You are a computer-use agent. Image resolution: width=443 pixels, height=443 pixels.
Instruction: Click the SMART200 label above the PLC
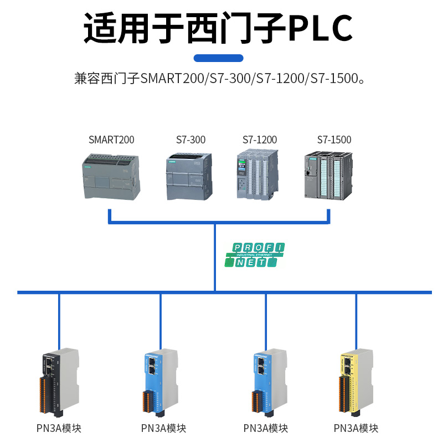tap(111, 140)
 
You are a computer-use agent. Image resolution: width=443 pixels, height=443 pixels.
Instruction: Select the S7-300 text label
tap(190, 140)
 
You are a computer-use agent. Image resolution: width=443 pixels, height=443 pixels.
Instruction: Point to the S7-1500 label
tap(334, 140)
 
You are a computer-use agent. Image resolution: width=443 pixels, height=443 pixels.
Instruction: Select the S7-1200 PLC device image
tap(258, 175)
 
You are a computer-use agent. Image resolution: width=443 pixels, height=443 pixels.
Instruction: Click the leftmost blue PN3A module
tap(161, 382)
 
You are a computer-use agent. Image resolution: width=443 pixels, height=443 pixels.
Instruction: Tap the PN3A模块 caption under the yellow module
tap(356, 428)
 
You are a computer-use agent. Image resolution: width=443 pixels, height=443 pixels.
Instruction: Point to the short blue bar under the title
tap(218, 58)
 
